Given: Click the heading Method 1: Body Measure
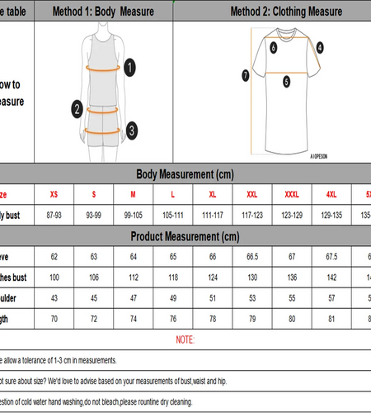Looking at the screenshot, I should [x=103, y=13].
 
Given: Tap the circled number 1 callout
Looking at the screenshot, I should [x=130, y=68].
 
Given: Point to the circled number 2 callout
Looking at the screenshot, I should [x=76, y=107].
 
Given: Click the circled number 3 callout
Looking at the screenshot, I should [x=132, y=130].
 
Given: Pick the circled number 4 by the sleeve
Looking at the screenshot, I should [x=319, y=48].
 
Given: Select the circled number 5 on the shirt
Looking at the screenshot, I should [x=286, y=81].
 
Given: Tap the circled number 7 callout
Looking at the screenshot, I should [x=245, y=75].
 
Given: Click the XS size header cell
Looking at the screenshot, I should [x=54, y=194].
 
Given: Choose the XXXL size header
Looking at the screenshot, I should [x=291, y=194].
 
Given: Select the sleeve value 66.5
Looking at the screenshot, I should [x=252, y=257].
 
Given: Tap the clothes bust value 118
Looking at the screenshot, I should [x=173, y=277].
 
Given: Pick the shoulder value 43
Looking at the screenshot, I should [x=54, y=297].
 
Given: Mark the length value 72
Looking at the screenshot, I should [x=94, y=317].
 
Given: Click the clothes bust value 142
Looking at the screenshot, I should [x=331, y=277].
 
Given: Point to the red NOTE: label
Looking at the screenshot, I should [x=185, y=339].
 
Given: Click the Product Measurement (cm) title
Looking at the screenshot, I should [x=185, y=237].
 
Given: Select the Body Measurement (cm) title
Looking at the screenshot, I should [x=185, y=174].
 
